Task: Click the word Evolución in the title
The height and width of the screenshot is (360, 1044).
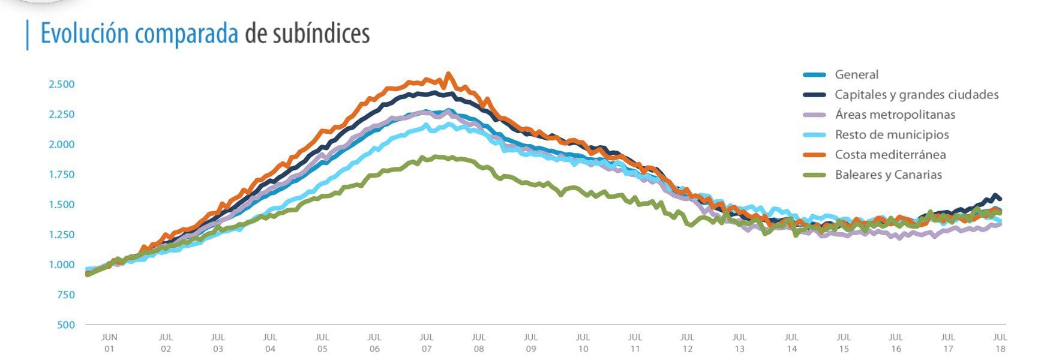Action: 85,34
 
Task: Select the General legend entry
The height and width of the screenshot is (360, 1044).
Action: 856,75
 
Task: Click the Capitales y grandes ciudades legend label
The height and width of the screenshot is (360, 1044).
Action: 916,95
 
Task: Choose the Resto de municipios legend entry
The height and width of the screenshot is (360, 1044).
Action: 892,135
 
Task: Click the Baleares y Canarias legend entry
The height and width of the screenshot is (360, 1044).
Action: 888,175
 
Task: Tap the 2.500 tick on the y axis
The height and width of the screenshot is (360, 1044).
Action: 61,84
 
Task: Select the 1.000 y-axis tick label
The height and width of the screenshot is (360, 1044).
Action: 61,265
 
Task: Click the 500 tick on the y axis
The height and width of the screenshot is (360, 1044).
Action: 66,325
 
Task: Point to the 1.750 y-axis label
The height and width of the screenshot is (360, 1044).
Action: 61,175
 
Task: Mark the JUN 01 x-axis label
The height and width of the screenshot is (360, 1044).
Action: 109,343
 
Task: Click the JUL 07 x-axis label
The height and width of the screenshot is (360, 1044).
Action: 427,343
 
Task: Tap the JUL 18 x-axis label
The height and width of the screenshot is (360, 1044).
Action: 1000,343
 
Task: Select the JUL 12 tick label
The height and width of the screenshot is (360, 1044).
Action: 687,343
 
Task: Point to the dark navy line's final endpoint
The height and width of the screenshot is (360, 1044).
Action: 1000,199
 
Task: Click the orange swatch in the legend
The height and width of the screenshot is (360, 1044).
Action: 814,155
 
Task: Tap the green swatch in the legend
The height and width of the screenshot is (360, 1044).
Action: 814,175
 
